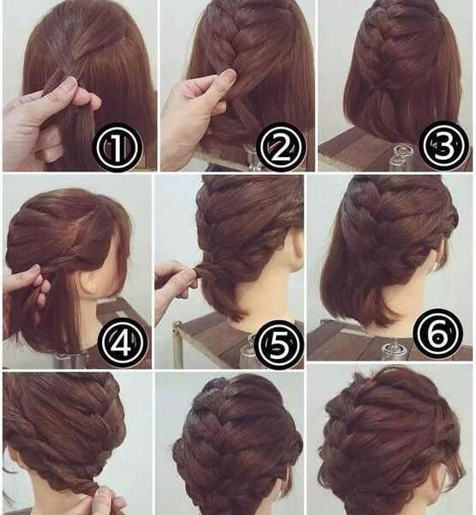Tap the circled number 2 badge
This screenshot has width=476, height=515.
pos(281,148)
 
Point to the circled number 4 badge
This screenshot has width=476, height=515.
pos(124,342)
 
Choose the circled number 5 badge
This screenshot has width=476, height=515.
pos(279,344)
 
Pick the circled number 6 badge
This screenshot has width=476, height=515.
pos(438,333)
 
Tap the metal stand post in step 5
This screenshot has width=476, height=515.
pos(177,345)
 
